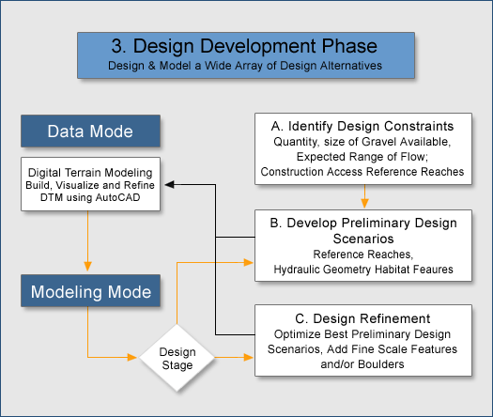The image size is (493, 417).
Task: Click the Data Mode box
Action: coord(90,131)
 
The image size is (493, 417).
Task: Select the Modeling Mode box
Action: coord(90,290)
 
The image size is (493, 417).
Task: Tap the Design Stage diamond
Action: coord(177,358)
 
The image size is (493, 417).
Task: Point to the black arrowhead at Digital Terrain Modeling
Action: coord(169,185)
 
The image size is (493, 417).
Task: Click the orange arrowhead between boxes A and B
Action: coord(364,203)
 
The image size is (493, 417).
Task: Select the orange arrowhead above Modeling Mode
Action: coord(87,266)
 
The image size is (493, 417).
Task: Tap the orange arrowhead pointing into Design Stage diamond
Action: coord(132,357)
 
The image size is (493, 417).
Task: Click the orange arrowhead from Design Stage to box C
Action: coord(249,357)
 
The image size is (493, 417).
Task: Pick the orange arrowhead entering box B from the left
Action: coord(249,262)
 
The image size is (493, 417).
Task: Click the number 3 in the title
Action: coord(117,46)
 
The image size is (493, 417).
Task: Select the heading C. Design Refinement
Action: coord(362,318)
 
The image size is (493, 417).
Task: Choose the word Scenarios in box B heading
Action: coord(363,239)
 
